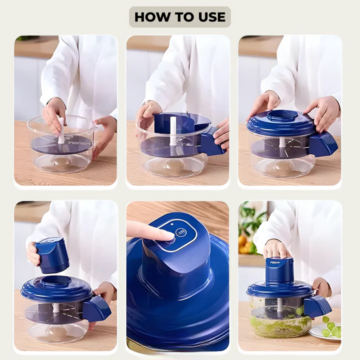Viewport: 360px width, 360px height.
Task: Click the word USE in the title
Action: (x=212, y=17)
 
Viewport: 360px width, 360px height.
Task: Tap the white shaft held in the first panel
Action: (x=61, y=130)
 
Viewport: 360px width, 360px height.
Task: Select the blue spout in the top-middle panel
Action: (x=213, y=143)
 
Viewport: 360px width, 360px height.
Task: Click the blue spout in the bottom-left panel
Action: (x=96, y=309)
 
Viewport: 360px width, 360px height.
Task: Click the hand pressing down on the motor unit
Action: (x=274, y=250)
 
